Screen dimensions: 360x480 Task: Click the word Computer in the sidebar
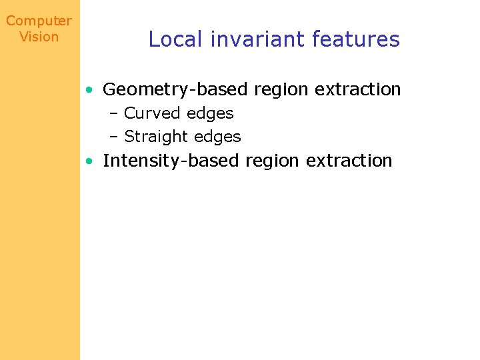click(x=39, y=21)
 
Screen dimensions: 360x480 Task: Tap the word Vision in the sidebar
click(x=39, y=37)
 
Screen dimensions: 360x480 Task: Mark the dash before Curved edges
click(x=113, y=114)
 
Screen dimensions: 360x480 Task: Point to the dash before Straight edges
click(x=113, y=137)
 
